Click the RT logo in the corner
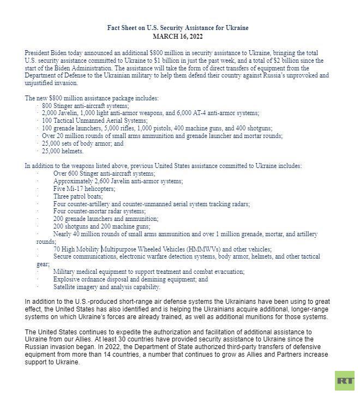click(344, 380)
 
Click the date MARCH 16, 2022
click(180, 36)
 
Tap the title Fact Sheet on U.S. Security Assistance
click(180, 28)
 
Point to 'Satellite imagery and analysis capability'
click(107, 287)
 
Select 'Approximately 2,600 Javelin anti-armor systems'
click(118, 181)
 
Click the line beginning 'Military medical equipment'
click(148, 272)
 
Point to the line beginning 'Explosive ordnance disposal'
click(130, 279)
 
